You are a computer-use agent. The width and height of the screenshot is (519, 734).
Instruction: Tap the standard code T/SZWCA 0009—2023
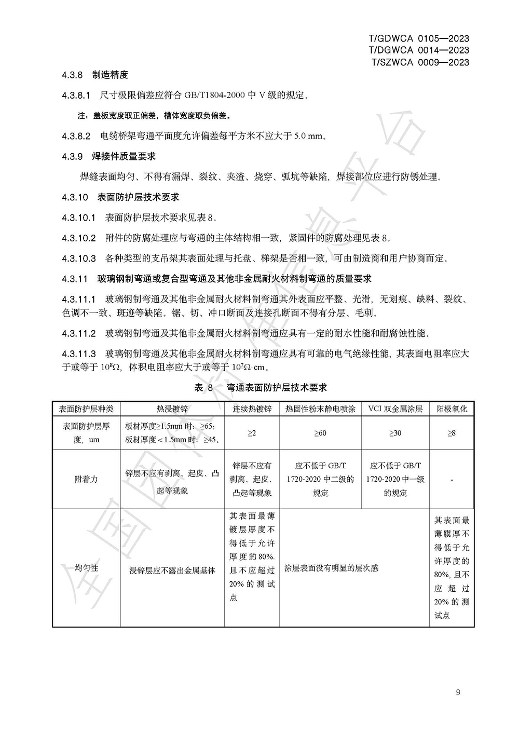click(420, 62)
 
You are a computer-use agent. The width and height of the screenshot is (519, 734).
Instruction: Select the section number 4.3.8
click(72, 75)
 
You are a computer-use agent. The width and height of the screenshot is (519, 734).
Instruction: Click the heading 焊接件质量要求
click(124, 156)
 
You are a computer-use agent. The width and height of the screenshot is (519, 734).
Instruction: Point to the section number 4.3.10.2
click(79, 238)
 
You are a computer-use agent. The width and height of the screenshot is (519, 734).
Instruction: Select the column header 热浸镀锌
click(172, 409)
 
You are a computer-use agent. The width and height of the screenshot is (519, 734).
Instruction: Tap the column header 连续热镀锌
click(252, 409)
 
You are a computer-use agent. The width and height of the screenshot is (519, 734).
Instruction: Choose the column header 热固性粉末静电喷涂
click(320, 409)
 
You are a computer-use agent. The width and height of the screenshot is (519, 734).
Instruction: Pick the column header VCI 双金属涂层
click(395, 409)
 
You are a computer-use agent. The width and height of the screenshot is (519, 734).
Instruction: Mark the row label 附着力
click(86, 479)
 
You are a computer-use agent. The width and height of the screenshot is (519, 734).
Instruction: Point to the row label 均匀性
click(86, 568)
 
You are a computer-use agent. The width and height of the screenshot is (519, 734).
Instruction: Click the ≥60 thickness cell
click(320, 433)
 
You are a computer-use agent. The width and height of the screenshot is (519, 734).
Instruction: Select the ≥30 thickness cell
click(395, 433)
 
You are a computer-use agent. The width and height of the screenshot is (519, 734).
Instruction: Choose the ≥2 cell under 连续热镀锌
click(252, 433)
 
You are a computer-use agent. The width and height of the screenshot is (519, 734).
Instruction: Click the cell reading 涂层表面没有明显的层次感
click(331, 568)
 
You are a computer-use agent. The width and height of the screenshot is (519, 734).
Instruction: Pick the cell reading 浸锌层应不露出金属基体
click(172, 570)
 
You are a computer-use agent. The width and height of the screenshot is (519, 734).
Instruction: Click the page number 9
click(458, 692)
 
